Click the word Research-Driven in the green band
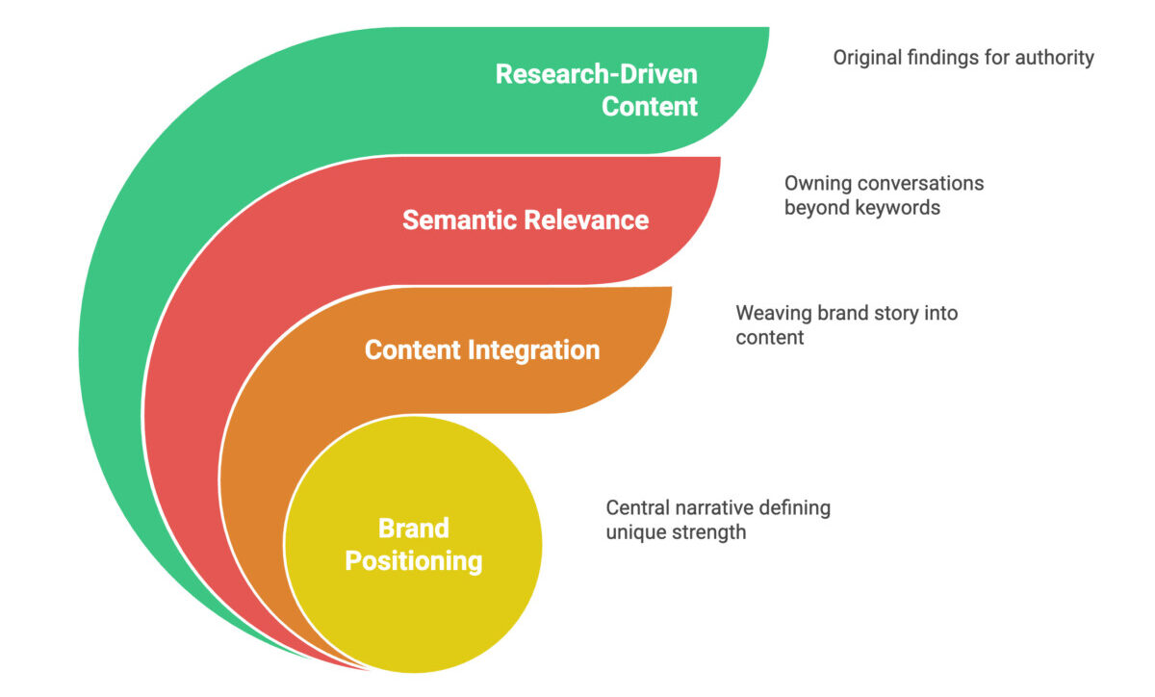pyautogui.click(x=596, y=74)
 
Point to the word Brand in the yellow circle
pyautogui.click(x=413, y=529)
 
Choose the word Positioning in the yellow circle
pyautogui.click(x=413, y=560)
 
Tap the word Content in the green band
pyautogui.click(x=650, y=106)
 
